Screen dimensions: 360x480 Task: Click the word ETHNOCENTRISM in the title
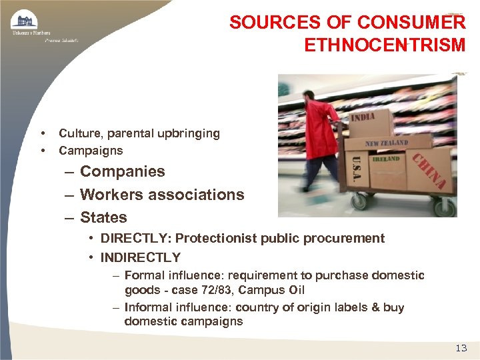pyautogui.click(x=385, y=45)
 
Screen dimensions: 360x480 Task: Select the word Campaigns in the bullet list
pyautogui.click(x=91, y=151)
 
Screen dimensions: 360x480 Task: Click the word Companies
pyautogui.click(x=122, y=172)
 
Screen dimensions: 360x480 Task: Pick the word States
pyautogui.click(x=103, y=217)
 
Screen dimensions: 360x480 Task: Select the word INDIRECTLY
pyautogui.click(x=140, y=257)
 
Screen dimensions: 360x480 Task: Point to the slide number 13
pyautogui.click(x=461, y=347)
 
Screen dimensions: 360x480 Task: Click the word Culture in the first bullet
pyautogui.click(x=77, y=133)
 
